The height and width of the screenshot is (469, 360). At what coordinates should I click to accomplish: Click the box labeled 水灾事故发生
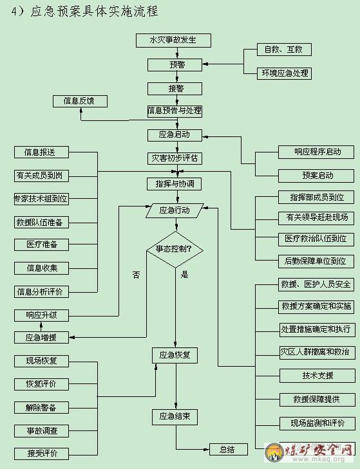coord(173,41)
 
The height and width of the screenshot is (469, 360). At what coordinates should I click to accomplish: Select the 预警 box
coord(175,64)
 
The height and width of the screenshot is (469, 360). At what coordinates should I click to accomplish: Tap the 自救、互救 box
coord(284,50)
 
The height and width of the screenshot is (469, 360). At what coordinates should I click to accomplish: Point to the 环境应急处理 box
coord(284,73)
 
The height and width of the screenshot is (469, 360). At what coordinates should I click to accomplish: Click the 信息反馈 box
coord(80,101)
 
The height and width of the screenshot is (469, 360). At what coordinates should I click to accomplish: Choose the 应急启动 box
coord(175,135)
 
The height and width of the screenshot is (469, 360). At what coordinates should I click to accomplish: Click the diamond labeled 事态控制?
coord(175,249)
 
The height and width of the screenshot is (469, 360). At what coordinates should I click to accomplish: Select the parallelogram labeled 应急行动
coord(175,210)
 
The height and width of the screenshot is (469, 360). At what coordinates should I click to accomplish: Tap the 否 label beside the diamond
coord(137,275)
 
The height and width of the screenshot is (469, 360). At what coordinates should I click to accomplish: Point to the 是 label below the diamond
coord(184,274)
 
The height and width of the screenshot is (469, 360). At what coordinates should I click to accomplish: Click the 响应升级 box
coord(41,315)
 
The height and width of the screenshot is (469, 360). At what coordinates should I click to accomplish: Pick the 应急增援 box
coord(41,337)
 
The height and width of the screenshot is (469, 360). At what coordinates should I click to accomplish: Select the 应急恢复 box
coord(175,355)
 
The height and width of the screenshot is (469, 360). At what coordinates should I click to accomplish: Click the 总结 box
coord(229,449)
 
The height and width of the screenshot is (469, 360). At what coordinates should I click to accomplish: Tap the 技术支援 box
coord(317,376)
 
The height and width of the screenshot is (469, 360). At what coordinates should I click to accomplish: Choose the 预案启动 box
coord(316,176)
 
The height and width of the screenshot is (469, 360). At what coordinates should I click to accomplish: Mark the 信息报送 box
coord(41,152)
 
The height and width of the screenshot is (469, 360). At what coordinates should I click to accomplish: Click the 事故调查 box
coord(41,431)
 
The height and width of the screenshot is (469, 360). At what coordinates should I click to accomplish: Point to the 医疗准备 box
coord(41,244)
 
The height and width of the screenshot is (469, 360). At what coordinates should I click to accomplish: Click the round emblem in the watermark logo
coord(274,452)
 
